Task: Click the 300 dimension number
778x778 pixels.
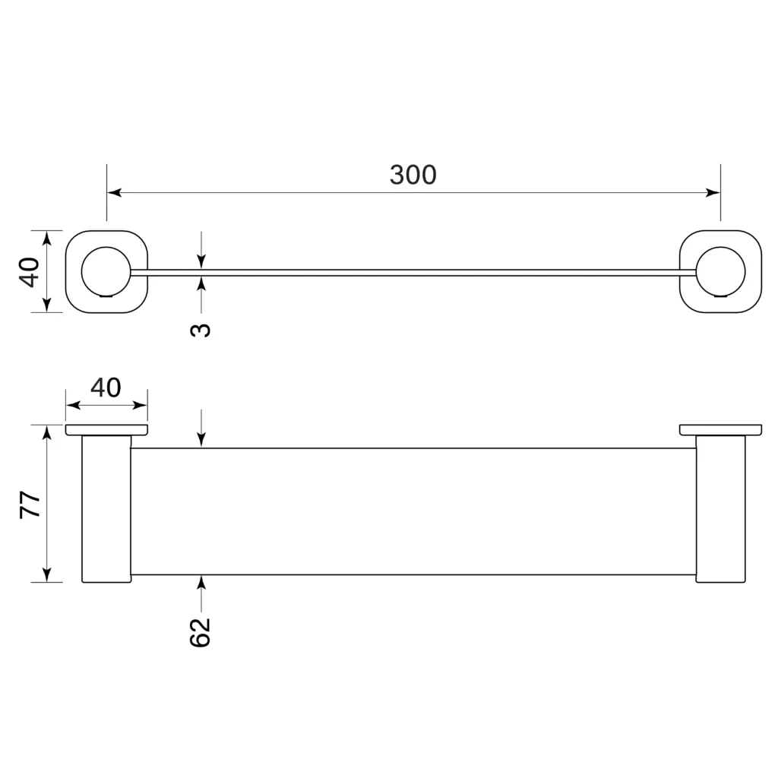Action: pyautogui.click(x=413, y=175)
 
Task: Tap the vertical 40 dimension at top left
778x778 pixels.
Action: pyautogui.click(x=30, y=272)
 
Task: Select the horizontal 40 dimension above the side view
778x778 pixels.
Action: pyautogui.click(x=106, y=387)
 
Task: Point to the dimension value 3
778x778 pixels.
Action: pyautogui.click(x=201, y=330)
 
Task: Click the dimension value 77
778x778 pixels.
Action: pyautogui.click(x=30, y=504)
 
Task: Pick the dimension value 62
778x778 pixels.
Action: pyautogui.click(x=201, y=632)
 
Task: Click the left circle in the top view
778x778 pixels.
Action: pyautogui.click(x=106, y=271)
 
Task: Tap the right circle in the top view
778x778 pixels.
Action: pyautogui.click(x=720, y=271)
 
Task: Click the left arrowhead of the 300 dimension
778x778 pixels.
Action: pyautogui.click(x=114, y=192)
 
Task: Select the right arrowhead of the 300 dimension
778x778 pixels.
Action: pyautogui.click(x=713, y=192)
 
